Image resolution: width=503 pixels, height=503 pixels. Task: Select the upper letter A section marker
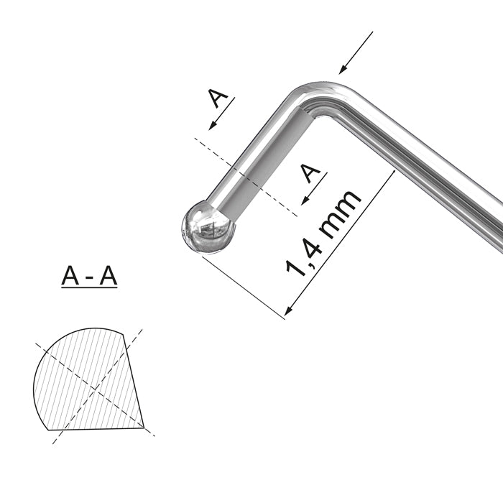coord(219,98)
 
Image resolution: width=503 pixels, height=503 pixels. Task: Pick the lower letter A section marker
coord(310,173)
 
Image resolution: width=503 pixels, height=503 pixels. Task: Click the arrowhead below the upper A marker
coord(213,126)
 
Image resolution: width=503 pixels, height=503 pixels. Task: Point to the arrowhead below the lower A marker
coord(304,200)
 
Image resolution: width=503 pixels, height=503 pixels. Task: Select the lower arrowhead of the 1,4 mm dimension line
coord(289,310)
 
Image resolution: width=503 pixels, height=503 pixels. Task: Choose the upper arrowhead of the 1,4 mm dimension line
coord(392,175)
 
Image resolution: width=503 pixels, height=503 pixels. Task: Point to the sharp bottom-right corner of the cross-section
coord(144,428)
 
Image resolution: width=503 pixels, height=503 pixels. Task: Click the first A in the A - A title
coord(70,275)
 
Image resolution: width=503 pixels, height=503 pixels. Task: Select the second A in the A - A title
coord(108,275)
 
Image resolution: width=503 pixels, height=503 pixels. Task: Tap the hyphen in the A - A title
coord(89,277)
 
